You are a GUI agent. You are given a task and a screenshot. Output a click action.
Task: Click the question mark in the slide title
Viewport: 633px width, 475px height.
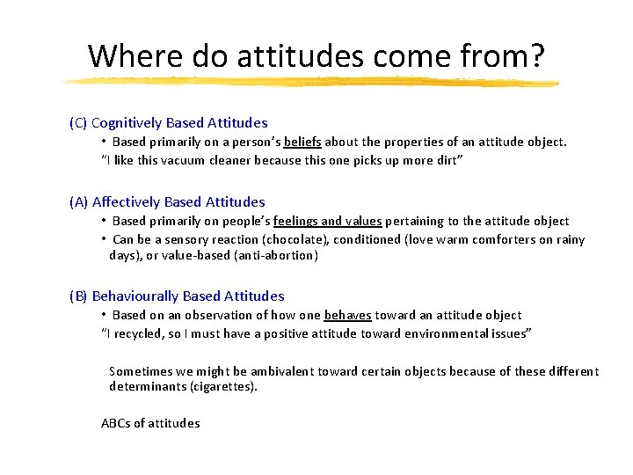535,55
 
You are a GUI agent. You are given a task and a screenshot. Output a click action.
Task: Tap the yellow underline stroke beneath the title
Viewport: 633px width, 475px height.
312,82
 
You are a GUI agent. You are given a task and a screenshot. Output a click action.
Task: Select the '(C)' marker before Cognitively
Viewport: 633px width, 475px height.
78,123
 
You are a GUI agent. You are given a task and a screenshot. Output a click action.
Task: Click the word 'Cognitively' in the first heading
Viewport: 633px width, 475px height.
127,123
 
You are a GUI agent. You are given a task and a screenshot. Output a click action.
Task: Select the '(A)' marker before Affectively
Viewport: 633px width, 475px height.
78,202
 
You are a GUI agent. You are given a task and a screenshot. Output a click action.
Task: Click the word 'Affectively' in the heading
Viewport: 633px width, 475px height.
127,202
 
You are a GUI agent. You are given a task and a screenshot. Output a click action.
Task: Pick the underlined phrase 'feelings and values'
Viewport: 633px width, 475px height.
328,221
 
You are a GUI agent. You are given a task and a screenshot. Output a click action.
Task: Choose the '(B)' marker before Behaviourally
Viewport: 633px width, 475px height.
78,296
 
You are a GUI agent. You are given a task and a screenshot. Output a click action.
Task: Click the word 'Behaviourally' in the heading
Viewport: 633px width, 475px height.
134,296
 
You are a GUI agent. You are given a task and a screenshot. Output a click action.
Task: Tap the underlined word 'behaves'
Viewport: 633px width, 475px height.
348,315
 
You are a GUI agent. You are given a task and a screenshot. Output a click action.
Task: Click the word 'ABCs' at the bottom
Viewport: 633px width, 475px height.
115,423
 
